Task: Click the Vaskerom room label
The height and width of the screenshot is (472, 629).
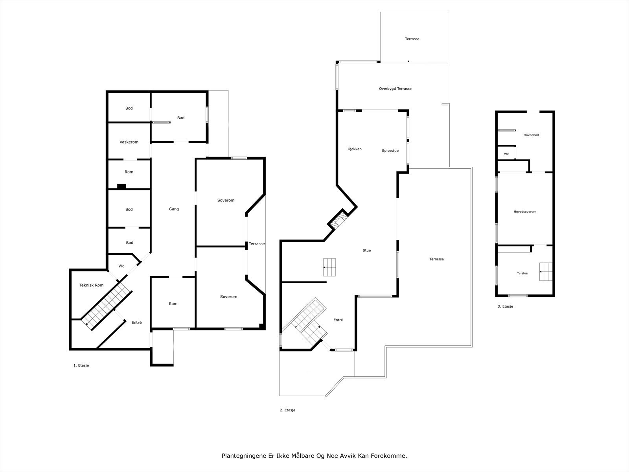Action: pos(129,142)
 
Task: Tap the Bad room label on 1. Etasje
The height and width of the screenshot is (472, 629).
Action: pos(180,118)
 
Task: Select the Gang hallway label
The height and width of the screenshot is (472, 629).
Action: pos(174,209)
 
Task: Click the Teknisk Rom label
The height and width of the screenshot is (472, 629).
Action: pos(91,285)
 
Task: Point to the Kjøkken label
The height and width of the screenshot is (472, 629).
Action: pos(354,149)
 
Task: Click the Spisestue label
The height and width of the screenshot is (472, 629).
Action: pos(390,151)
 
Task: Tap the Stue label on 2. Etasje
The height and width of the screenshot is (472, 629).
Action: pos(366,250)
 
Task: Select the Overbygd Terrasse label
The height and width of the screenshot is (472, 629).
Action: pos(395,88)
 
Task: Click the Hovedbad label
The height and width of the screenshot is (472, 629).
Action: pos(531,135)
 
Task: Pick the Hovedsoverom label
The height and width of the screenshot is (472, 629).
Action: pos(525,212)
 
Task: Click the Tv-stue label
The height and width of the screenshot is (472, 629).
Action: pos(522,273)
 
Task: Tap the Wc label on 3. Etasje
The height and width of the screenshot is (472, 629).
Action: pos(506,154)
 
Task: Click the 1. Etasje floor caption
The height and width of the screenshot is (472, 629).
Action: pos(81,365)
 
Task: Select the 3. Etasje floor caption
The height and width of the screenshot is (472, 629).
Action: pos(505,306)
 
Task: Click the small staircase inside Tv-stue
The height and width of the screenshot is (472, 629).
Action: pos(546,272)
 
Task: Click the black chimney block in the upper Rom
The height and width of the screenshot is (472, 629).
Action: pos(121,186)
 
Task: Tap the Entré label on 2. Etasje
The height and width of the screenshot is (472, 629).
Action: pos(338,320)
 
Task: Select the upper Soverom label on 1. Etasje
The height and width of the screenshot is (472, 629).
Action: pos(226,200)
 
